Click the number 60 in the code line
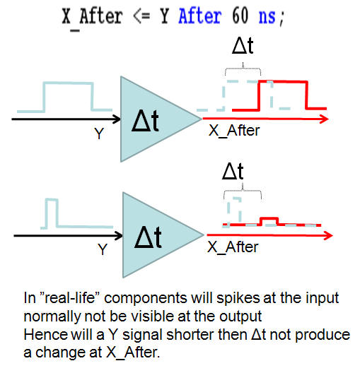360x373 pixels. tap(240, 16)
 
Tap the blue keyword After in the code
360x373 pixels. tap(200, 16)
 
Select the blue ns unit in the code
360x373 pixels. tap(267, 17)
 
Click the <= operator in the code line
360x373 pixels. tap(141, 16)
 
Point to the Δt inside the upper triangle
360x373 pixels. tap(145, 121)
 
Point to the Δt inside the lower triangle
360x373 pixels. tap(148, 237)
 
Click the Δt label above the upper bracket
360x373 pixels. tap(243, 45)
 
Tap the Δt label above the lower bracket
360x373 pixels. tap(233, 171)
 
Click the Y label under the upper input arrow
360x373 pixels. tap(99, 134)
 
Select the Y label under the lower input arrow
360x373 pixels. tap(103, 249)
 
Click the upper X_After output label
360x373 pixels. tap(234, 131)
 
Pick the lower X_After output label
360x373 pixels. tap(233, 247)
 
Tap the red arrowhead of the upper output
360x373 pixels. tap(325, 119)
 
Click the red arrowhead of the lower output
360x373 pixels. tap(328, 235)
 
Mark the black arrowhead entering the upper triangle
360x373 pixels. tap(117, 119)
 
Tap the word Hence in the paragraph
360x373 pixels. tap(46, 334)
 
